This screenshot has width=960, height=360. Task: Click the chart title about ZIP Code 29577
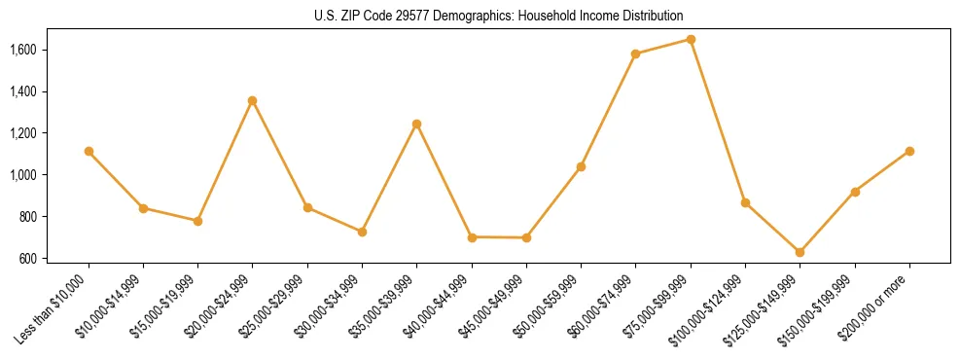480,16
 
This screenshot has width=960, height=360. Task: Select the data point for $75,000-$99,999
691,40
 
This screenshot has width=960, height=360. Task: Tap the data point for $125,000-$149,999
800,252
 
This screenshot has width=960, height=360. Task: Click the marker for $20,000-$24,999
253,100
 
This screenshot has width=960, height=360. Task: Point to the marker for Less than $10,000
89,151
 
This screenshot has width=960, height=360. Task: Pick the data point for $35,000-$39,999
416,124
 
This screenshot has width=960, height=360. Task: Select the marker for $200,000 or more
909,151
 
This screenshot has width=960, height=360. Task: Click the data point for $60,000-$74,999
635,54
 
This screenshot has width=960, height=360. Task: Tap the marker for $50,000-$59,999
581,166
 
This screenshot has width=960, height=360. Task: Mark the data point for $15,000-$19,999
197,221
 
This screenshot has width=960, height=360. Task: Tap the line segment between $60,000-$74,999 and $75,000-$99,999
662,47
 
